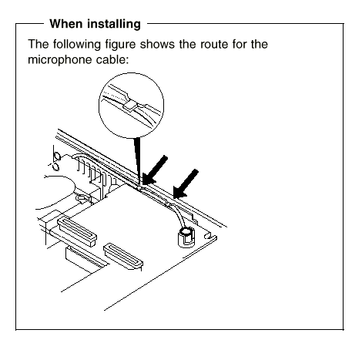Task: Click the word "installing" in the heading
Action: pos(114,25)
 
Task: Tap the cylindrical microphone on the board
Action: pos(186,237)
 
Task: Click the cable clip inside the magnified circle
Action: pos(130,105)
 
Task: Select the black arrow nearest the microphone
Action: pos(186,184)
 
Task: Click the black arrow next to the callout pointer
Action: pos(155,170)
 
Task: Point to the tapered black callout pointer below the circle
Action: pos(137,160)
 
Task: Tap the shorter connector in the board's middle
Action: pos(123,256)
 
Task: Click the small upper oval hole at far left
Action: pos(57,156)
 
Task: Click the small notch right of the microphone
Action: pos(207,235)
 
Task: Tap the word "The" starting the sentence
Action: pos(39,44)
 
